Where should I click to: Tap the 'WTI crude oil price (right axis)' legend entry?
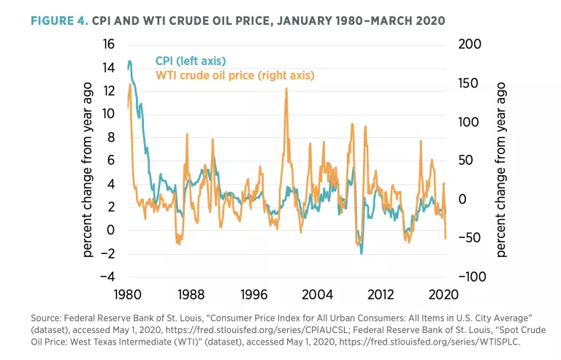coord(234,74)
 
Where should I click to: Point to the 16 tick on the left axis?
coord(108,45)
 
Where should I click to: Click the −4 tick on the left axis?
coord(105,277)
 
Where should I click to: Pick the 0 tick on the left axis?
coord(111,230)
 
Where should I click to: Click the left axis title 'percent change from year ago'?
coord(88,161)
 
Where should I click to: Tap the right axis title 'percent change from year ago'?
coord(502,161)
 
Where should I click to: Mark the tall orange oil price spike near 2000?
coord(286,89)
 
